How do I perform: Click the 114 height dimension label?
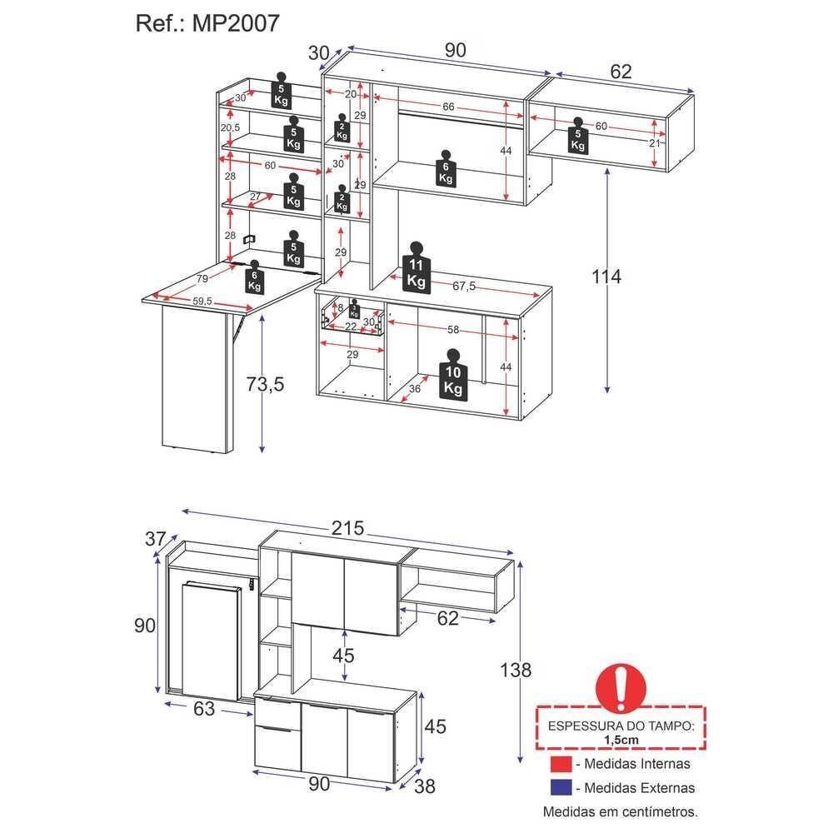tap(606, 277)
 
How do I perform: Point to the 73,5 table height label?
tap(266, 384)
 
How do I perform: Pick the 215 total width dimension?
tap(347, 527)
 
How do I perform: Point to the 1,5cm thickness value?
tap(621, 739)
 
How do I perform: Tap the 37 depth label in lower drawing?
tap(156, 539)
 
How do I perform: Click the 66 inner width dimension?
tap(447, 107)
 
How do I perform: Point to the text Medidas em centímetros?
tap(621, 811)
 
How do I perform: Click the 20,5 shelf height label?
tap(230, 127)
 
